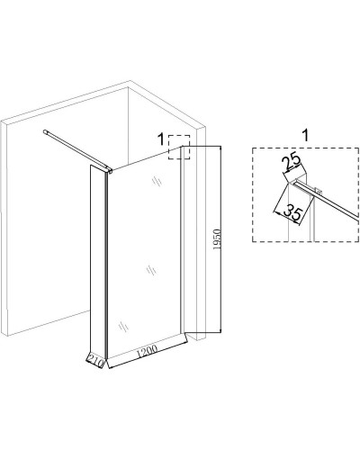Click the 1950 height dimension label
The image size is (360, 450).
[x=218, y=239]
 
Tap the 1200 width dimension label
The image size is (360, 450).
[x=147, y=352]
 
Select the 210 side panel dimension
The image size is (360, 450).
[x=95, y=358]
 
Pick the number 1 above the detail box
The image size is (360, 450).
[x=305, y=135]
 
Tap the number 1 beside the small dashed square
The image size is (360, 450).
[x=161, y=139]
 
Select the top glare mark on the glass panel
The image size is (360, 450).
[x=157, y=181]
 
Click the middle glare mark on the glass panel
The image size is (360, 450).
[x=152, y=271]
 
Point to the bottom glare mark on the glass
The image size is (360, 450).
[x=123, y=326]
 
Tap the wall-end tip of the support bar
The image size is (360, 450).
[x=45, y=131]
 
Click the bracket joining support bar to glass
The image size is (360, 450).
[x=109, y=170]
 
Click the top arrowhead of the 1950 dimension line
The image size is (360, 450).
[x=220, y=148]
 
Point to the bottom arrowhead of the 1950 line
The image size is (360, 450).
[x=220, y=329]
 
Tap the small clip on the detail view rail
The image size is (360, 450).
[x=319, y=191]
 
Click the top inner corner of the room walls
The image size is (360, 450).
[x=128, y=87]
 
